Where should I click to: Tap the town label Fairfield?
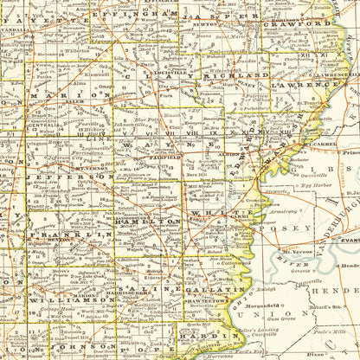click(x=169, y=157)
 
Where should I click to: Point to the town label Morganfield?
click(x=283, y=304)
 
